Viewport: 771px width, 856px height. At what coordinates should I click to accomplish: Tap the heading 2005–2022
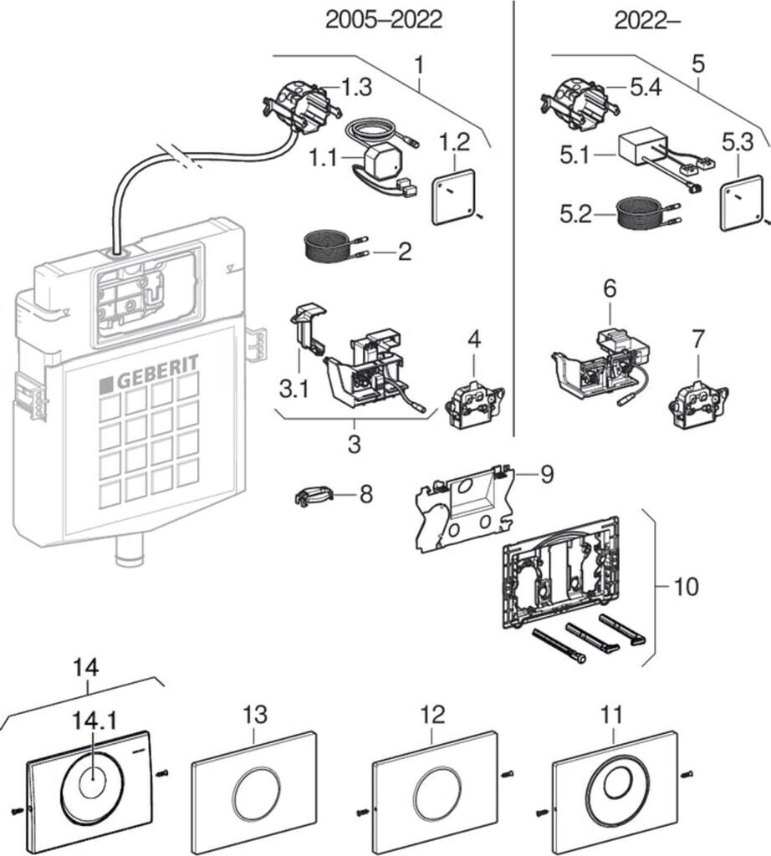(x=383, y=20)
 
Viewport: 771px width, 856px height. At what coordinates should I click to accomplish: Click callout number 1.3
(x=355, y=87)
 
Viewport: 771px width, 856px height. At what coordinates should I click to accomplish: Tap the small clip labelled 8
(x=314, y=496)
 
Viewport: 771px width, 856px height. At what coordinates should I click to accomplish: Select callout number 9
(x=545, y=475)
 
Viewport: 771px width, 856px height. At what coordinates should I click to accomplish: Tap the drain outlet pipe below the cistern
(x=130, y=554)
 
